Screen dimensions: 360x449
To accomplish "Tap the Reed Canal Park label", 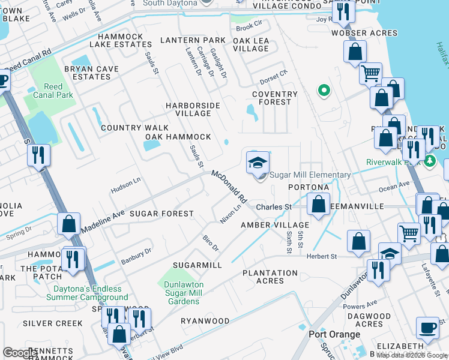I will pos(53,91).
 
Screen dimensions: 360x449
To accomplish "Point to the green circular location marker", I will pos(324,91).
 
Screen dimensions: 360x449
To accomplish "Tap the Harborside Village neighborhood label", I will pos(193,109).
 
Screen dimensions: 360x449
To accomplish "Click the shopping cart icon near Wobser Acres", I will pos(370,74).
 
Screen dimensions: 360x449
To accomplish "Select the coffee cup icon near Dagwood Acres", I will pos(427,328).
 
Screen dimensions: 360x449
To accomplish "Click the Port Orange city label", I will pos(334,334).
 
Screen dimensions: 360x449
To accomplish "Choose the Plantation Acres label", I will pos(270,277).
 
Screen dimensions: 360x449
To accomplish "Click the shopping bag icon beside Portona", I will pos(318,205).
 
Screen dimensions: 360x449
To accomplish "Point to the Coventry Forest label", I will pos(274,98).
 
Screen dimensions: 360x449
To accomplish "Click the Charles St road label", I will pos(274,207).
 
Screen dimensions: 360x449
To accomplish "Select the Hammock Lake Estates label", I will pos(116,40).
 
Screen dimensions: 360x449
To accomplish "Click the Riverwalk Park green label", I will pos(394,162).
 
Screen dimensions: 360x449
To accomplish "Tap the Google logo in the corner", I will pos(20,352).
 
